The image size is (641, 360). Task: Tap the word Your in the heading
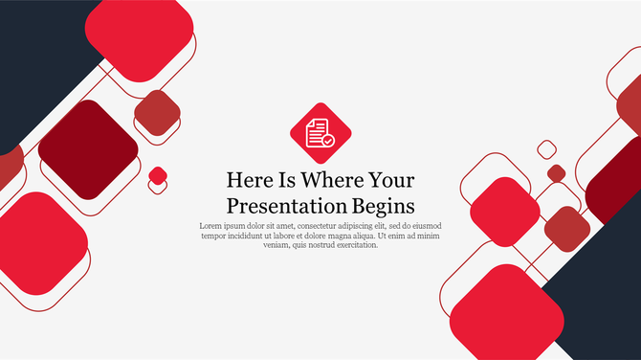click(391, 180)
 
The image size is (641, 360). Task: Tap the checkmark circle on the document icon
click(328, 141)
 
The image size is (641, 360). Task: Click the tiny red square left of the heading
click(158, 175)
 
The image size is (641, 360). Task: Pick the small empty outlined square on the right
click(546, 148)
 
